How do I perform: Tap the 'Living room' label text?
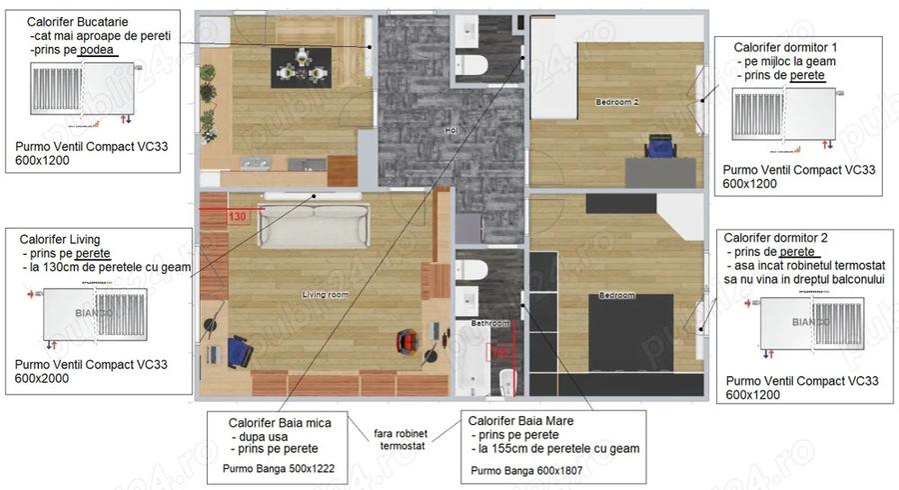click(325, 294)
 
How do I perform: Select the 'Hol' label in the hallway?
click(450, 131)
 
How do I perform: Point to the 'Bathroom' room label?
click(490, 324)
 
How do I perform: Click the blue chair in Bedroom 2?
click(660, 147)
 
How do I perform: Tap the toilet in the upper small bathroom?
click(475, 66)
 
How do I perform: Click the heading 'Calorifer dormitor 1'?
click(785, 47)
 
